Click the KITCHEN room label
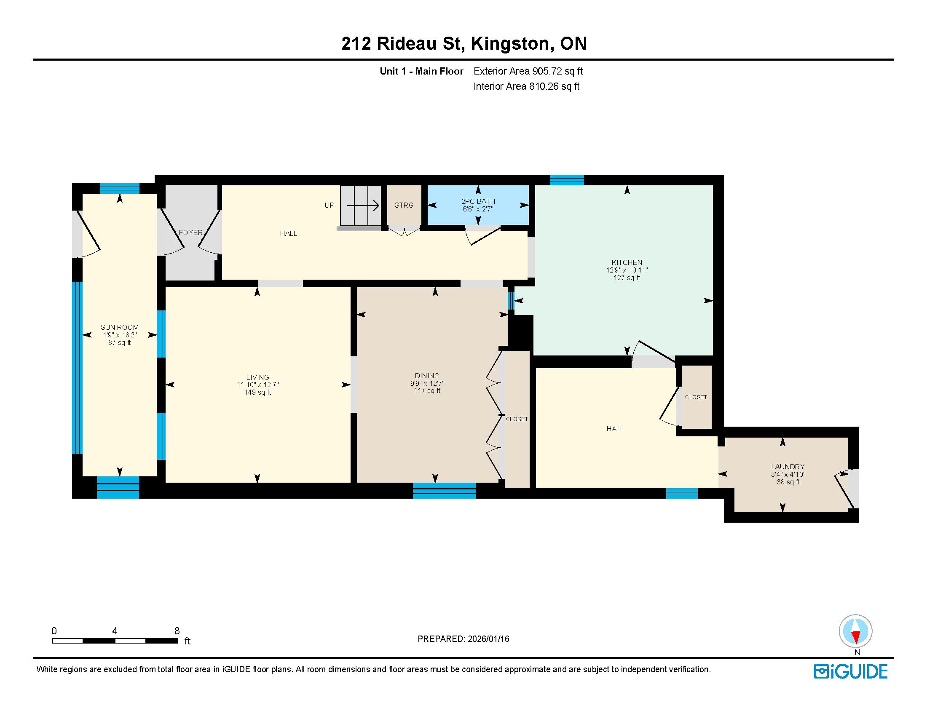(627, 262)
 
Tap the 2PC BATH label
(478, 201)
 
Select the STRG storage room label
(404, 205)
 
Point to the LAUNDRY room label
(788, 467)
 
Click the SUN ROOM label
(119, 327)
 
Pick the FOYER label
(190, 232)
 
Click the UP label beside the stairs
(330, 205)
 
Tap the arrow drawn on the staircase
(363, 206)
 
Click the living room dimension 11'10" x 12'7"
(257, 385)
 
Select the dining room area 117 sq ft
(427, 391)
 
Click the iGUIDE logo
(851, 671)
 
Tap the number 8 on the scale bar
(177, 631)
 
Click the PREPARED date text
(463, 639)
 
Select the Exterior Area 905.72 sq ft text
(528, 71)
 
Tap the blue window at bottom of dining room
(444, 490)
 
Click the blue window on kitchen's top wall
(567, 180)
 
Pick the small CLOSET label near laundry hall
(696, 398)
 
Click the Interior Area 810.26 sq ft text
(526, 86)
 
